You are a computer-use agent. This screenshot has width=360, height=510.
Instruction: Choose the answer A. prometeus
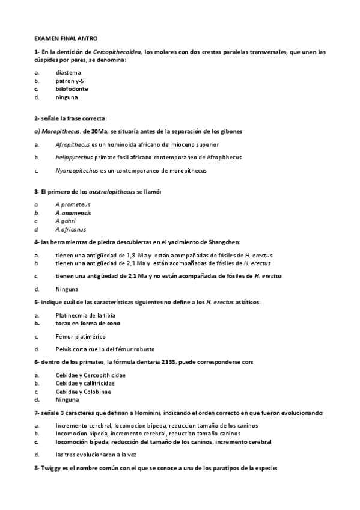point(72,204)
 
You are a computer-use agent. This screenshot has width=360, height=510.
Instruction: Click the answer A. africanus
point(70,229)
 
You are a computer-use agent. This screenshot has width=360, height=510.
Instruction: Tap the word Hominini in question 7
point(135,413)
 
